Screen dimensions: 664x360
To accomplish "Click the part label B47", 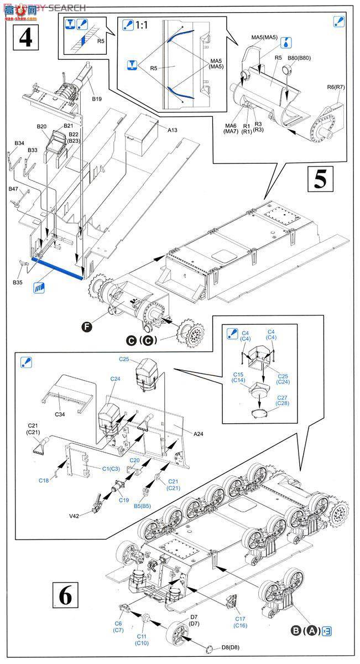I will coord(13,189).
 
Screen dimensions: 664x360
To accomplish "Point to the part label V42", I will coord(75,516).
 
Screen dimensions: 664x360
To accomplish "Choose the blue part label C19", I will coord(123,500).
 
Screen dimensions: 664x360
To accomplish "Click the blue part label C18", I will coord(44,480).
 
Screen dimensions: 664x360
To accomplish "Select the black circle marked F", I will coord(86,327).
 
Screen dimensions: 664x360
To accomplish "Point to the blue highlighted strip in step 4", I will coord(58,266).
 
